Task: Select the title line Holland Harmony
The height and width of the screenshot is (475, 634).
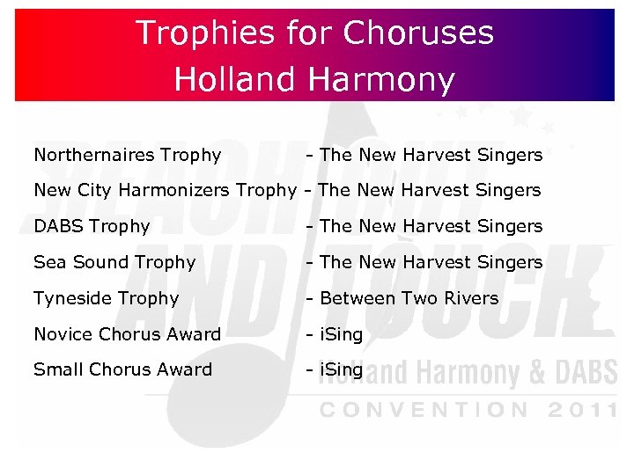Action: coord(314,79)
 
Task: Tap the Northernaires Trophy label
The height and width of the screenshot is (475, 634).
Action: coord(127,155)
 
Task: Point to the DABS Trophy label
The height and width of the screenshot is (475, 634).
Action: coord(92,226)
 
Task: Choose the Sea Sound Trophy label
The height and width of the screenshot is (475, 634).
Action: coord(114,262)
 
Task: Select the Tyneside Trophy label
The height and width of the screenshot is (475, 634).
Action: coord(106,298)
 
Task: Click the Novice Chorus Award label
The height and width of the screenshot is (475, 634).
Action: coord(127,334)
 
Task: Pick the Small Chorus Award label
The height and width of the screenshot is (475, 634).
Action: coord(122,369)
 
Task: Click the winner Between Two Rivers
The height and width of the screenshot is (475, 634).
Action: coord(409,298)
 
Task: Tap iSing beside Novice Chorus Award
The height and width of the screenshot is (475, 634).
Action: coord(341,334)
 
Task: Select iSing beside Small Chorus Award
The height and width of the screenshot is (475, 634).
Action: coord(341,369)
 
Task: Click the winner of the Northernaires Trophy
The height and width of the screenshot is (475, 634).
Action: coord(431,155)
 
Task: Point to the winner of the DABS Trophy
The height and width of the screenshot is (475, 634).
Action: coord(431,226)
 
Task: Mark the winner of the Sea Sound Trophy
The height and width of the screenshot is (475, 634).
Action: coord(431,262)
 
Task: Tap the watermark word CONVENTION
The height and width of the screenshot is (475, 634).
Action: coord(424,410)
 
